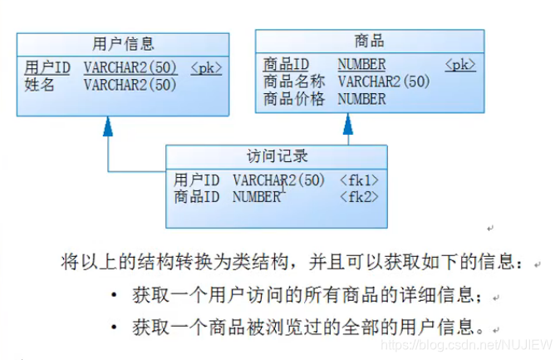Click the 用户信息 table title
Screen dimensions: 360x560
click(123, 43)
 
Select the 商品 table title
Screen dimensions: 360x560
click(369, 41)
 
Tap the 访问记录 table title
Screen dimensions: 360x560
click(277, 155)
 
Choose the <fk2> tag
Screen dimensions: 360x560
click(359, 197)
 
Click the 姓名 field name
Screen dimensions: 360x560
click(39, 84)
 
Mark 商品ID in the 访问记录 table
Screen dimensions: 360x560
click(197, 197)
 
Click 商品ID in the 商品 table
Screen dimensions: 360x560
click(287, 64)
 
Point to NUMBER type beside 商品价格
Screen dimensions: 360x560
click(361, 99)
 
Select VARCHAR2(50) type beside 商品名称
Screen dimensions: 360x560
click(383, 81)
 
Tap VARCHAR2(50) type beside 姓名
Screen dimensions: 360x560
click(130, 84)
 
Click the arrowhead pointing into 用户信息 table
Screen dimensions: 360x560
click(107, 126)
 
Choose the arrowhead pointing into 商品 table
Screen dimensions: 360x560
click(347, 123)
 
